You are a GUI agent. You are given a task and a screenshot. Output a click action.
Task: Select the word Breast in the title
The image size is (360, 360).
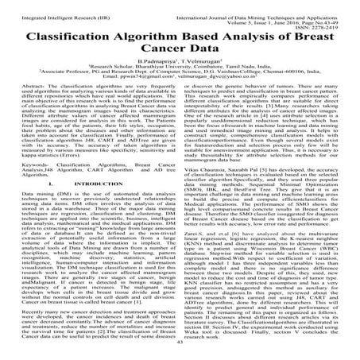317,37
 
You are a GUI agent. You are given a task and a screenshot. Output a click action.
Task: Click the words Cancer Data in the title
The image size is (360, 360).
180,52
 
